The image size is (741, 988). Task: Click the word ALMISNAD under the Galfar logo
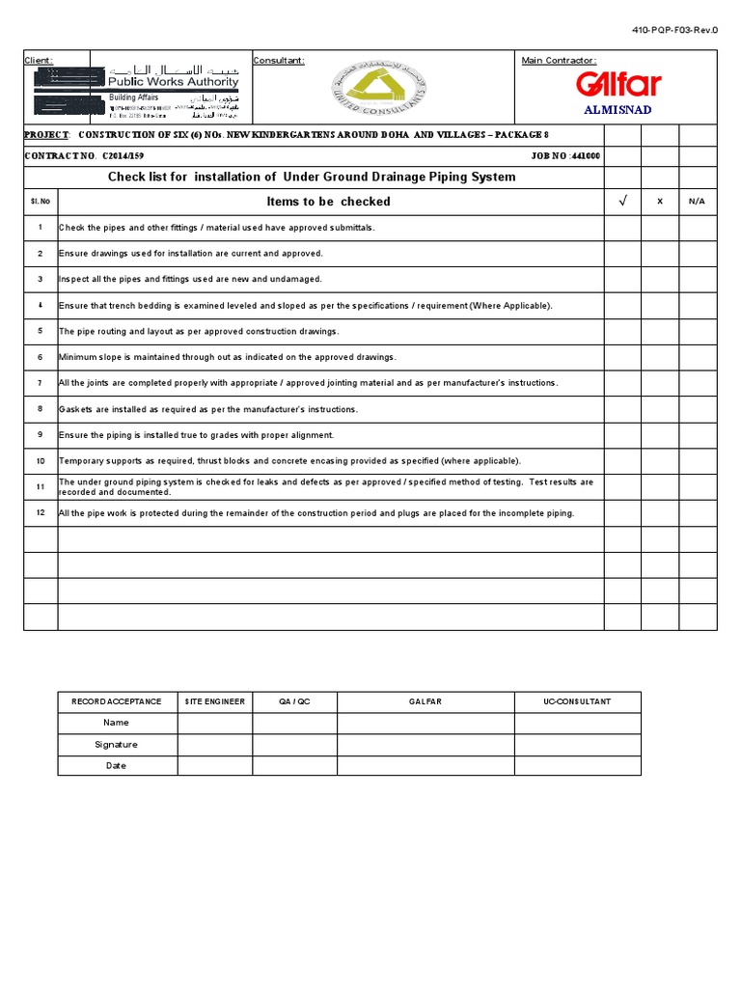coord(618,110)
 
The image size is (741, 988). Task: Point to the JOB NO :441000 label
coord(565,155)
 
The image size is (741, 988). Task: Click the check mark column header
coord(622,202)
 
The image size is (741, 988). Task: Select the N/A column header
coord(698,202)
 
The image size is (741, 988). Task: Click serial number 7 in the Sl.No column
coord(41,383)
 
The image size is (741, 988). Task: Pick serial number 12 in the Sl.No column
coord(41,513)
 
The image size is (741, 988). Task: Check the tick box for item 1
coord(622,228)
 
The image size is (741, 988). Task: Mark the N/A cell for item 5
coord(698,331)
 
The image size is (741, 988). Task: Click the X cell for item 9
coord(660,435)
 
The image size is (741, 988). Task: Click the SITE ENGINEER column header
coord(215,701)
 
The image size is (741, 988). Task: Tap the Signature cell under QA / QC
coord(294,744)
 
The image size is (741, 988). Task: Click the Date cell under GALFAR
coord(425,765)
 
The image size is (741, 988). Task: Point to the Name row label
coord(117,723)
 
